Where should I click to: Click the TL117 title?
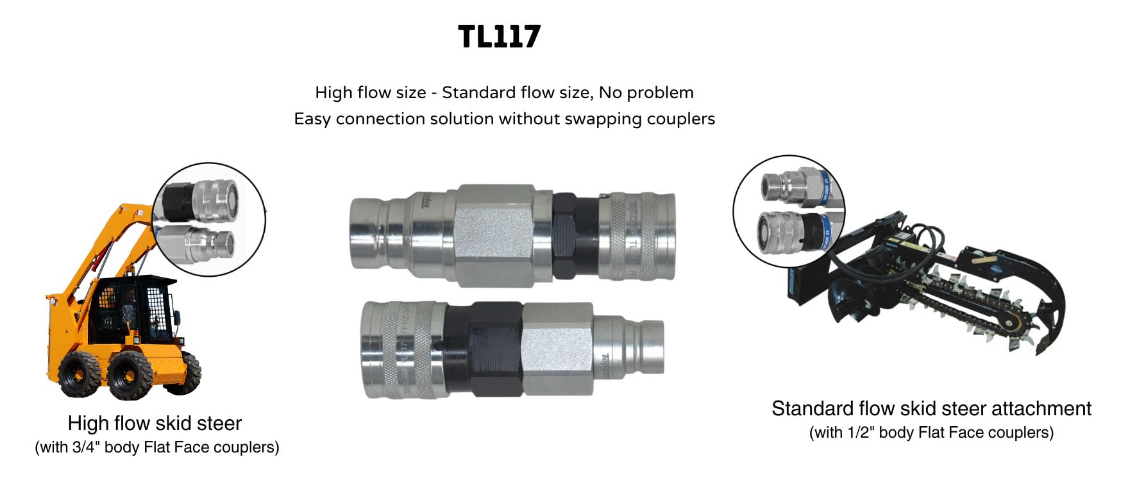(500, 37)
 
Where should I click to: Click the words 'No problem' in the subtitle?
(646, 93)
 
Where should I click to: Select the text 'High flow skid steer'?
(155, 424)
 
